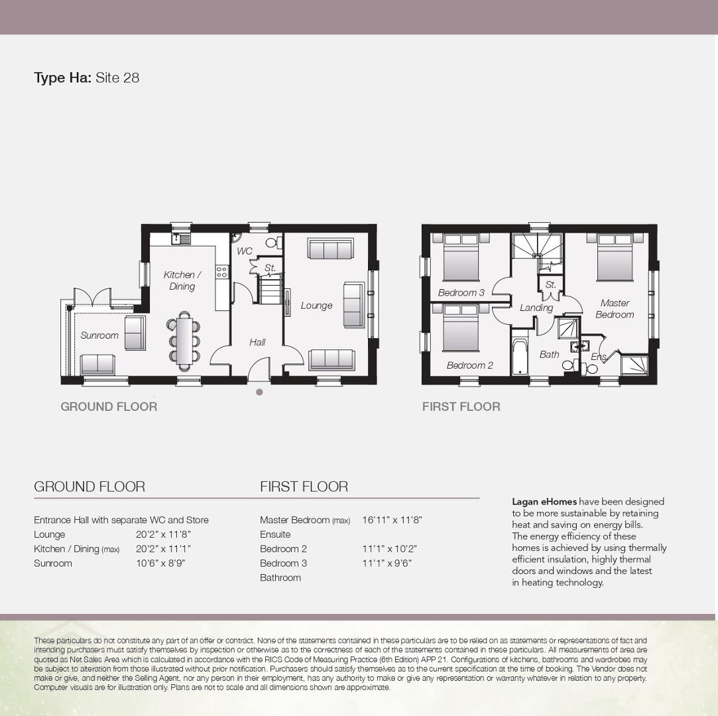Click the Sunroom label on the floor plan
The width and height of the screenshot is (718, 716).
pyautogui.click(x=99, y=335)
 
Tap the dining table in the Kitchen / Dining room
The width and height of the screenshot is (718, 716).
pyautogui.click(x=184, y=341)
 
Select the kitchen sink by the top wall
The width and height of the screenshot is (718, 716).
pyautogui.click(x=181, y=239)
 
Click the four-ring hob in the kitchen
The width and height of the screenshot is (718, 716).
pyautogui.click(x=221, y=272)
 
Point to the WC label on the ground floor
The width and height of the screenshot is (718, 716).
pyautogui.click(x=245, y=251)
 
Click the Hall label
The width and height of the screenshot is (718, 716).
pyautogui.click(x=257, y=342)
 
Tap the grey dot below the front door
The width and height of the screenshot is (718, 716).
pyautogui.click(x=259, y=392)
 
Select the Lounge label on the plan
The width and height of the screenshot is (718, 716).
pyautogui.click(x=316, y=306)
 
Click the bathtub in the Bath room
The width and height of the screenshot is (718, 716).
pyautogui.click(x=519, y=356)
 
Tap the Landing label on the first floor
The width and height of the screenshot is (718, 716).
pyautogui.click(x=536, y=308)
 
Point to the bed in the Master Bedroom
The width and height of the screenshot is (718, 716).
pyautogui.click(x=615, y=257)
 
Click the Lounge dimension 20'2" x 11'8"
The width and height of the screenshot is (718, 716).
pyautogui.click(x=164, y=534)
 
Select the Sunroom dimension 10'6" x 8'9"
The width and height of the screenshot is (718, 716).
pyautogui.click(x=160, y=563)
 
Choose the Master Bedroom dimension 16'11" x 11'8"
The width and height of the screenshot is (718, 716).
pyautogui.click(x=392, y=520)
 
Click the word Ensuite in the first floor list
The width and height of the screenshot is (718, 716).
pyautogui.click(x=275, y=534)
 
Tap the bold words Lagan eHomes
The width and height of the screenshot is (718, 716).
pyautogui.click(x=544, y=502)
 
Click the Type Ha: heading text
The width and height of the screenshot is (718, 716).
pyautogui.click(x=63, y=78)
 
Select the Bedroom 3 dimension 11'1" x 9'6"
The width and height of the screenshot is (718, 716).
pyautogui.click(x=387, y=563)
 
